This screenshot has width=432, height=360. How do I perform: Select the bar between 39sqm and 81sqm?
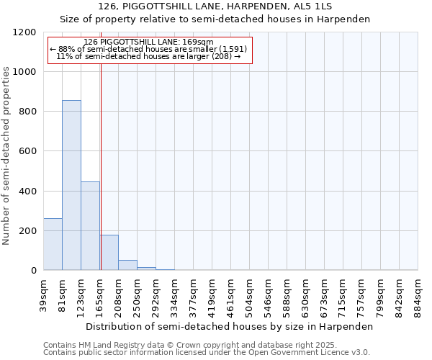53,244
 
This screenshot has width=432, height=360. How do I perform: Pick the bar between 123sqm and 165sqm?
90,226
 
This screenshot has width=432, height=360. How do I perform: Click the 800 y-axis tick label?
28,112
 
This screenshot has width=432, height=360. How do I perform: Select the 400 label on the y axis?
28,192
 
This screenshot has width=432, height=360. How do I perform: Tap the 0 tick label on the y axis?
33,271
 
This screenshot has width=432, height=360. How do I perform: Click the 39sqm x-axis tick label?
43,293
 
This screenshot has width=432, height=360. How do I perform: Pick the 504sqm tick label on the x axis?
249,294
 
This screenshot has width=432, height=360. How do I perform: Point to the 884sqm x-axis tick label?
418,294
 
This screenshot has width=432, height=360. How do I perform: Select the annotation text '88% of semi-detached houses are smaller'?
149,49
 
